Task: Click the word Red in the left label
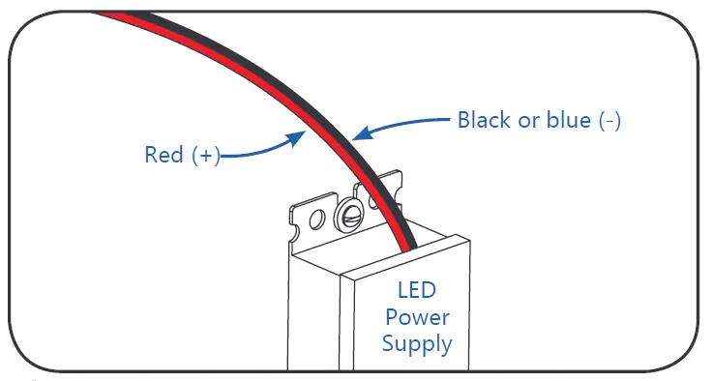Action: pos(164,155)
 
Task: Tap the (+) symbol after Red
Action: pos(205,155)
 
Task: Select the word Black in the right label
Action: pos(485,121)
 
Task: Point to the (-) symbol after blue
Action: pos(609,121)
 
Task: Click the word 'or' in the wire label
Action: pos(527,121)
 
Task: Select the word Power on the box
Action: pos(417,316)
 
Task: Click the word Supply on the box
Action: pos(417,342)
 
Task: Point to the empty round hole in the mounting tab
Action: pos(314,222)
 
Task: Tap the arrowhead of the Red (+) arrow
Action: pos(298,137)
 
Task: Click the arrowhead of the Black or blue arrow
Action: pos(360,135)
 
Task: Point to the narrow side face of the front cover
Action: pos(346,324)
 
